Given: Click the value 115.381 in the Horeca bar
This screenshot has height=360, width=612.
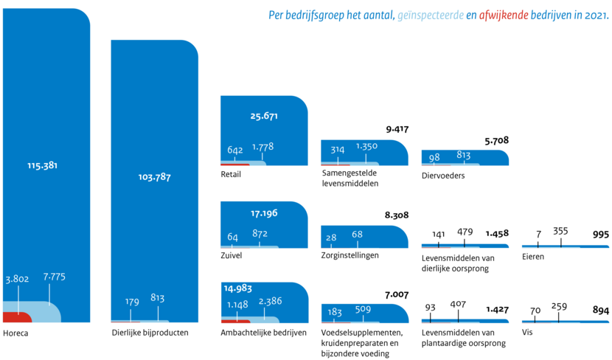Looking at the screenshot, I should pos(41,165).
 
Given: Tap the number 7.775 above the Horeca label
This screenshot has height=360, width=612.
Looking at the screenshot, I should pos(55,277).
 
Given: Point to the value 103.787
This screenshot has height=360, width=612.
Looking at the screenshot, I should pos(154,177).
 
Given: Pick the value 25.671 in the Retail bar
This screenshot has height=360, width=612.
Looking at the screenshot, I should pos(264,116).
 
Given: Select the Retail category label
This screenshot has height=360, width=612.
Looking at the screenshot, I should pos(231,175).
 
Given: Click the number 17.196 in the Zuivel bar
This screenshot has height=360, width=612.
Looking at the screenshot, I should pos(263,213).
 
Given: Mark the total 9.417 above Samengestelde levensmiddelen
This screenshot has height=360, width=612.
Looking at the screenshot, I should pos(397,129).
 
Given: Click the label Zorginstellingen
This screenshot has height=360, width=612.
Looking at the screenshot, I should pos(351,255).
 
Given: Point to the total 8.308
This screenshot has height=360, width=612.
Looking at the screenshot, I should pos(397,215).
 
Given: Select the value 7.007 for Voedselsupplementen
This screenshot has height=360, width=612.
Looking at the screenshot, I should pos(397,294).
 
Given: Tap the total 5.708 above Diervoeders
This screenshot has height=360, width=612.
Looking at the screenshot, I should pos(497,139).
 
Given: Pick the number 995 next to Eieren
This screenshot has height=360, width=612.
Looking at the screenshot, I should pos(601,234).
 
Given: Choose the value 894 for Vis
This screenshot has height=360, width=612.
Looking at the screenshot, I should pos(601,311).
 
